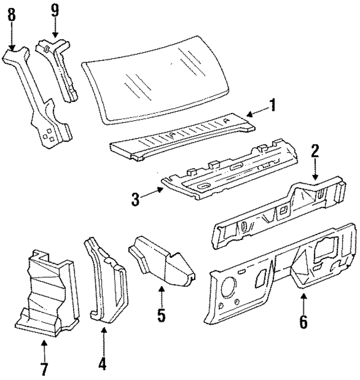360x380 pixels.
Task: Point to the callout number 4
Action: pos(102,364)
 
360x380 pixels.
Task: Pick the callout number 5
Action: pos(161,315)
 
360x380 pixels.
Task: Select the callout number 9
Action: pos(54,10)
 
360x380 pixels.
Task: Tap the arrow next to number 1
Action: pos(256,111)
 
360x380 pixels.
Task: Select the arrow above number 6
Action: pos(303,301)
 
